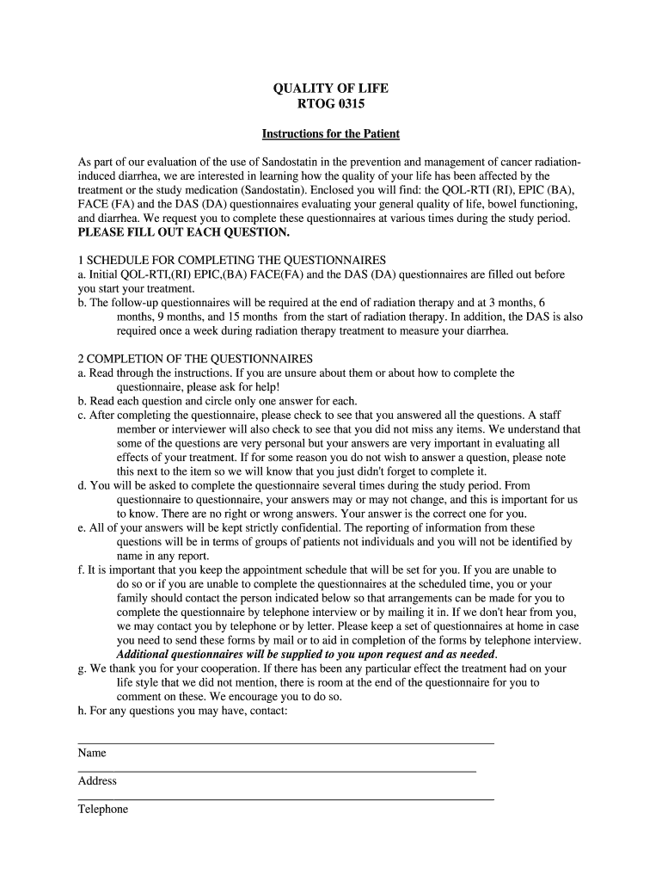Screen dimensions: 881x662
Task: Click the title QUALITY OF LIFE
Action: (330, 89)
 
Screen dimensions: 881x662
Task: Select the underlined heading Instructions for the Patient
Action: (330, 134)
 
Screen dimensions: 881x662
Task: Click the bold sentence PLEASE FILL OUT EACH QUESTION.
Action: (184, 232)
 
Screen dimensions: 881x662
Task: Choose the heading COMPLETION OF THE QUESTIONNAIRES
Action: (199, 358)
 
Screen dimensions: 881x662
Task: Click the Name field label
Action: (92, 753)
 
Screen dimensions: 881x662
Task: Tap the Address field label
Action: (97, 781)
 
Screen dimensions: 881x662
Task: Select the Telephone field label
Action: (102, 810)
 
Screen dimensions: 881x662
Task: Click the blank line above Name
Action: (285, 742)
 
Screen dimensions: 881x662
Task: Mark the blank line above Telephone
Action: (285, 799)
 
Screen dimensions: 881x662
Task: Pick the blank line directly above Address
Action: (277, 771)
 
